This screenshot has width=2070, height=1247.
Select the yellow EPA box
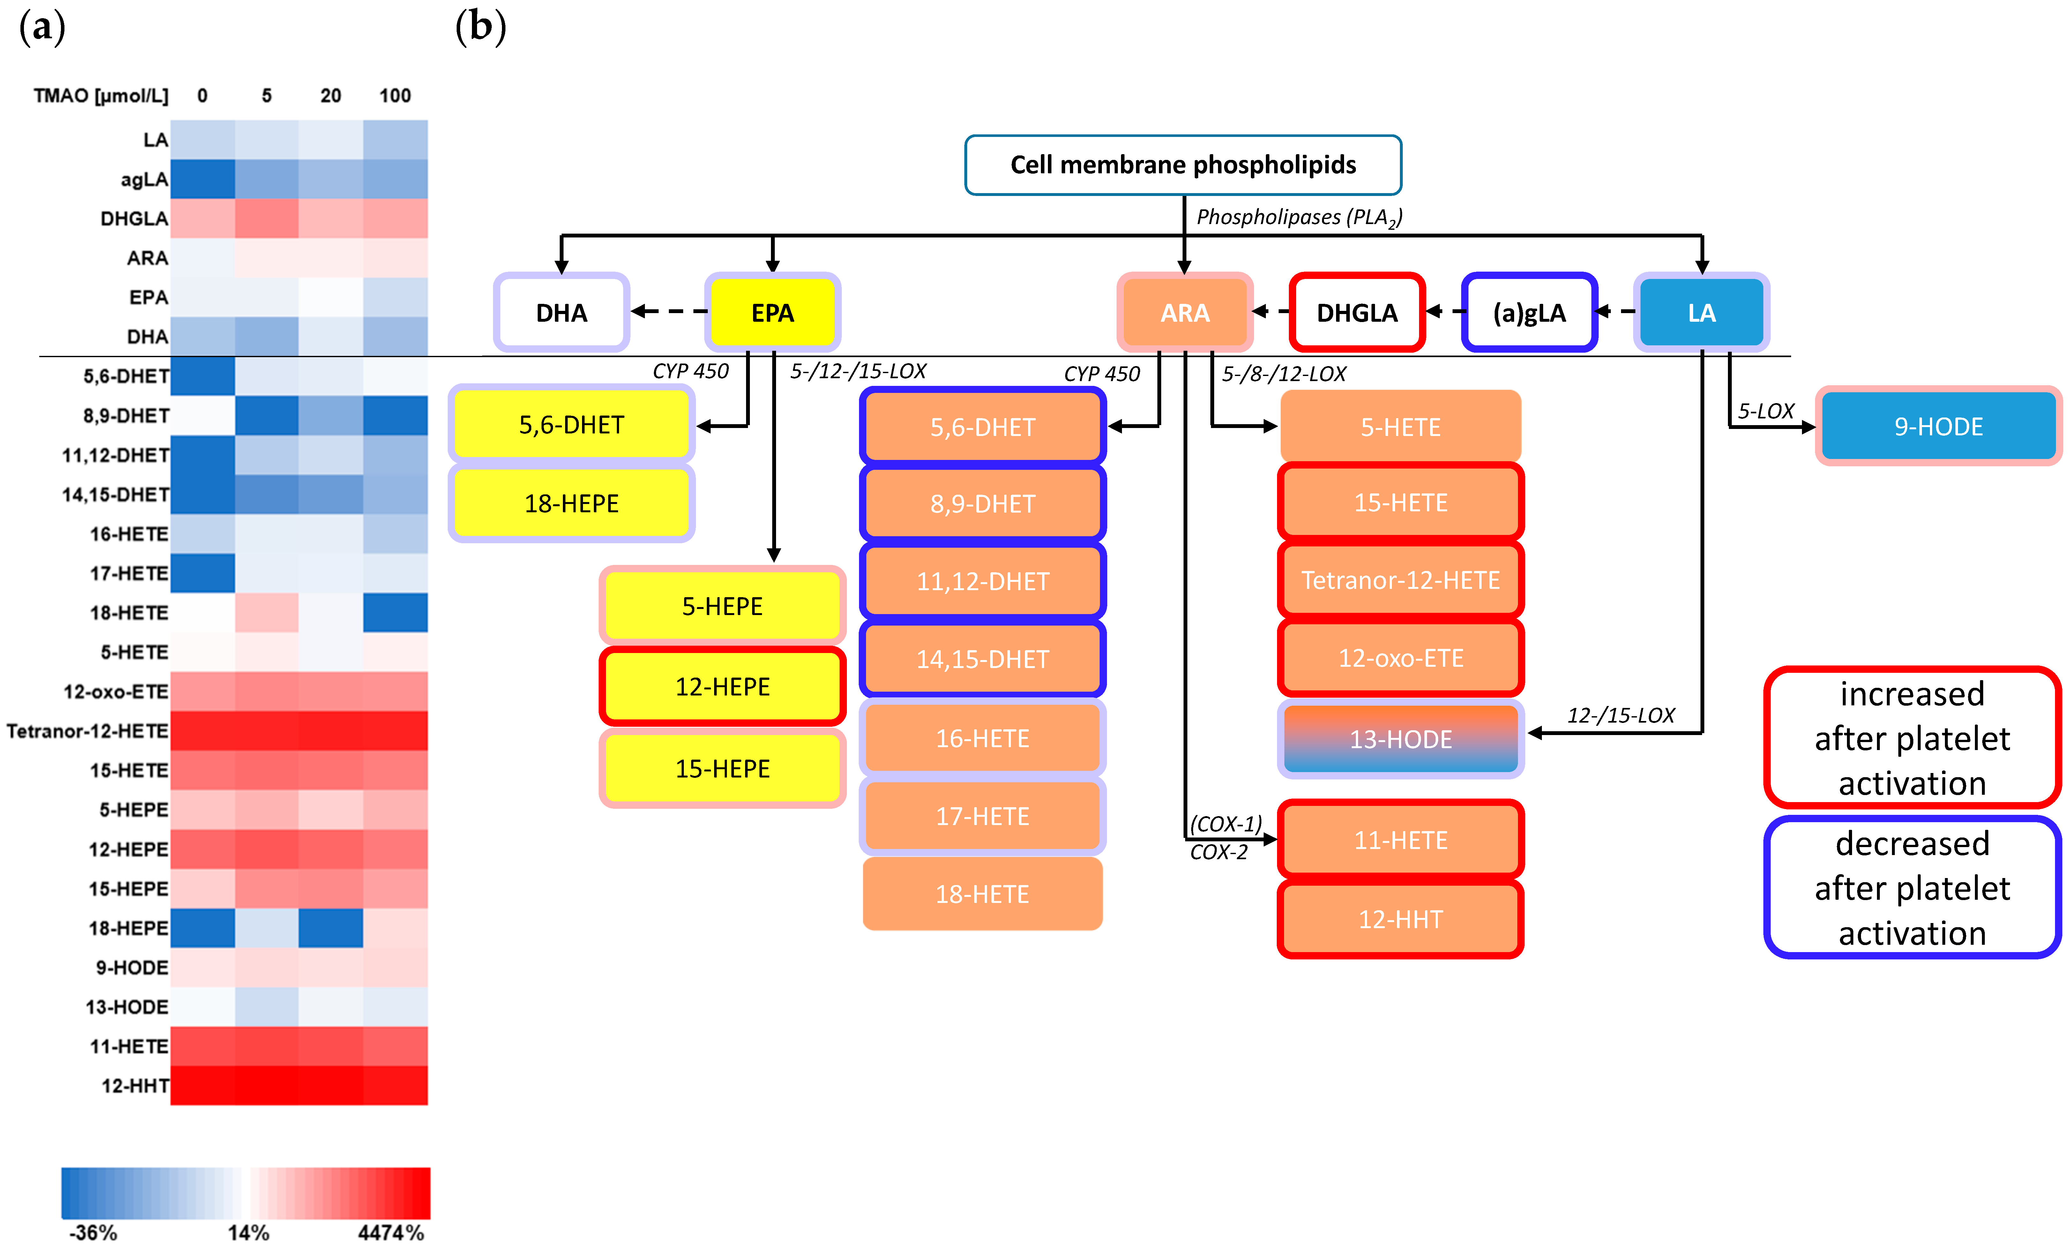(x=772, y=312)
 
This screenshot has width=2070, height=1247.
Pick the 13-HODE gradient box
(x=1401, y=739)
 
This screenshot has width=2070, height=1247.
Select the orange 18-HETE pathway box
(x=982, y=893)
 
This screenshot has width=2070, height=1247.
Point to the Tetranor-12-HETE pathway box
(x=1401, y=580)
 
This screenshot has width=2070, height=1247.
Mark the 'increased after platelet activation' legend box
(x=1912, y=738)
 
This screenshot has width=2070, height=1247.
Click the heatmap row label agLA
(x=145, y=179)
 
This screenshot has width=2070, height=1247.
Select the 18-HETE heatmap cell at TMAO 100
(x=395, y=612)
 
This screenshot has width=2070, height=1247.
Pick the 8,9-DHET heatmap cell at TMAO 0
(x=202, y=416)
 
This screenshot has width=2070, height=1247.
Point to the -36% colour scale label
(x=93, y=1232)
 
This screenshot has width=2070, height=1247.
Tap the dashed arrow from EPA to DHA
(x=669, y=312)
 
